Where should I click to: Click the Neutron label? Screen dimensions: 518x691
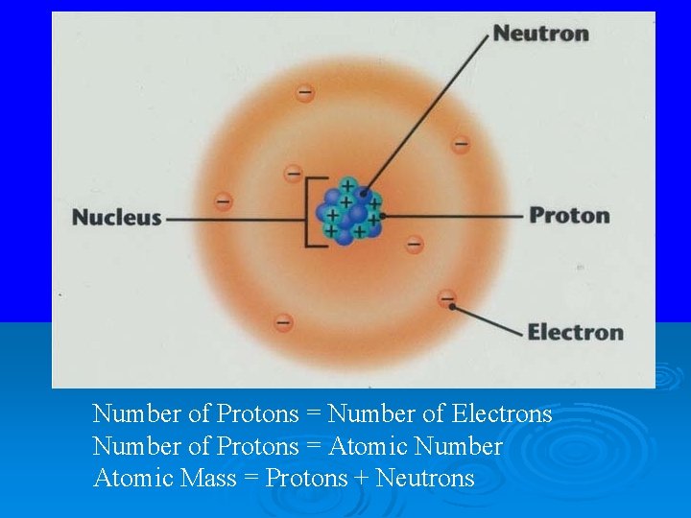(540, 34)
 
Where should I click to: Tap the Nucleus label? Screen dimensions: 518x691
(117, 217)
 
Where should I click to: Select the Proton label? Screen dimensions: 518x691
(569, 215)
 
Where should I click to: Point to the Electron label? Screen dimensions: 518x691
(575, 333)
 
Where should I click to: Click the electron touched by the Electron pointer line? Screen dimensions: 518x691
(446, 298)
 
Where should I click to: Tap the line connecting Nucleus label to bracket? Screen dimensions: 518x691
(235, 218)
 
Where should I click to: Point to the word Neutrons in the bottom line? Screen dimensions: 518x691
(425, 478)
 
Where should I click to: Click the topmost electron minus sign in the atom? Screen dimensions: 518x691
(304, 93)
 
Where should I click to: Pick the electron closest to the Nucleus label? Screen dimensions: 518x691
(223, 201)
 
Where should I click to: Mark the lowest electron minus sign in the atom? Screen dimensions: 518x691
(283, 322)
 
